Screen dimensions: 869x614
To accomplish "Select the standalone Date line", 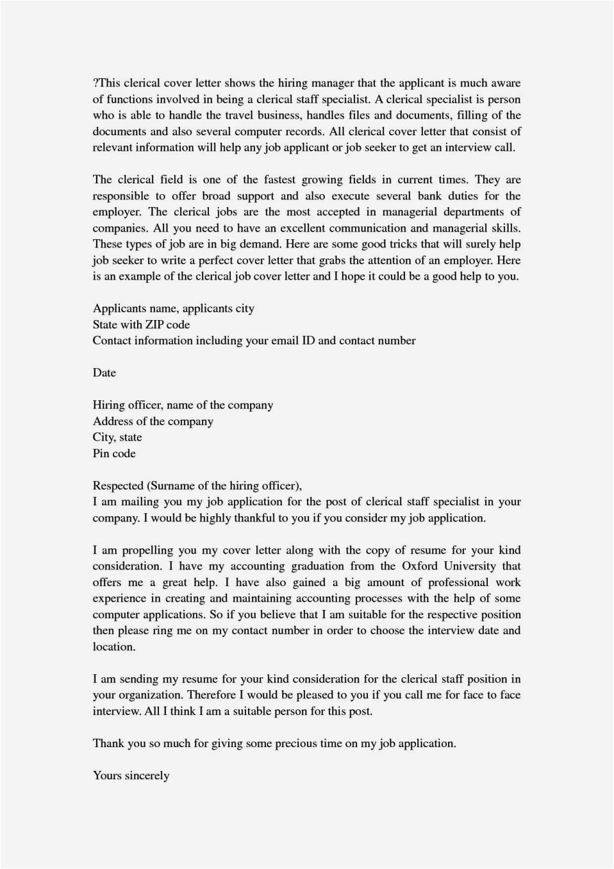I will [x=104, y=373].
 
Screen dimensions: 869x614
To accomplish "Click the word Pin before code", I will [x=101, y=453].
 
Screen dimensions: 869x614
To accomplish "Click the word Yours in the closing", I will [x=107, y=775].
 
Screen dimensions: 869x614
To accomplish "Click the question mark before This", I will [x=95, y=83].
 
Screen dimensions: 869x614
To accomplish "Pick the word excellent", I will [x=285, y=228].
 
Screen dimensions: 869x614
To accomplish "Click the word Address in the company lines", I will [x=113, y=421].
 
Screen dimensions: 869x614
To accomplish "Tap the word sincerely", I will [x=147, y=775].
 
